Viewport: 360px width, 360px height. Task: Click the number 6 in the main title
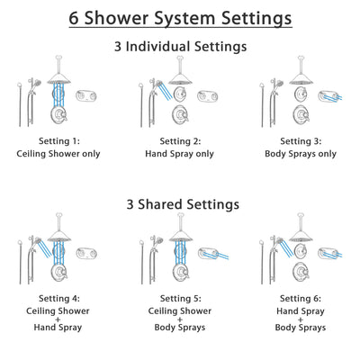point(76,18)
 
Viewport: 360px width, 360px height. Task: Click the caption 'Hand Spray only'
point(180,153)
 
